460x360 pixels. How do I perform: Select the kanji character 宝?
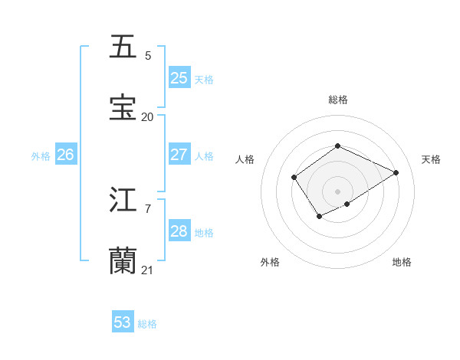click(x=123, y=108)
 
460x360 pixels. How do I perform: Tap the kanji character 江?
click(x=123, y=200)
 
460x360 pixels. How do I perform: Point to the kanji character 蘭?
click(x=123, y=261)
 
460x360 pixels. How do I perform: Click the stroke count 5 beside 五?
click(x=148, y=56)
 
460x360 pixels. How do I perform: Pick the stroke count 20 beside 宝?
click(x=147, y=117)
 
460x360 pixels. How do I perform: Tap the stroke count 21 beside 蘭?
click(x=147, y=270)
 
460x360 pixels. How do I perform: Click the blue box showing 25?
click(x=179, y=77)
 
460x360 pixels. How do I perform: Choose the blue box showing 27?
click(x=179, y=154)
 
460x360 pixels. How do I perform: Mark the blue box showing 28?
click(x=179, y=231)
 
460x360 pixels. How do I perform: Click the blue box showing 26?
click(x=65, y=154)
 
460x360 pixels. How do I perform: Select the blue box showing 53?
click(x=123, y=322)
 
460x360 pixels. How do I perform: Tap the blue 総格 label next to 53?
click(x=147, y=324)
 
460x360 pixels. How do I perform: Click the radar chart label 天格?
click(x=431, y=159)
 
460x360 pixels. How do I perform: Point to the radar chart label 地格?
click(x=402, y=262)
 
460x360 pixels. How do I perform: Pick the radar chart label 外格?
click(x=270, y=262)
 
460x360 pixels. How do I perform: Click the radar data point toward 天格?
click(x=396, y=172)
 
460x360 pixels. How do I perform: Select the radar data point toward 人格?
click(x=294, y=178)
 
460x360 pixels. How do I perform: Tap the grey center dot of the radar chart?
click(x=337, y=191)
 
